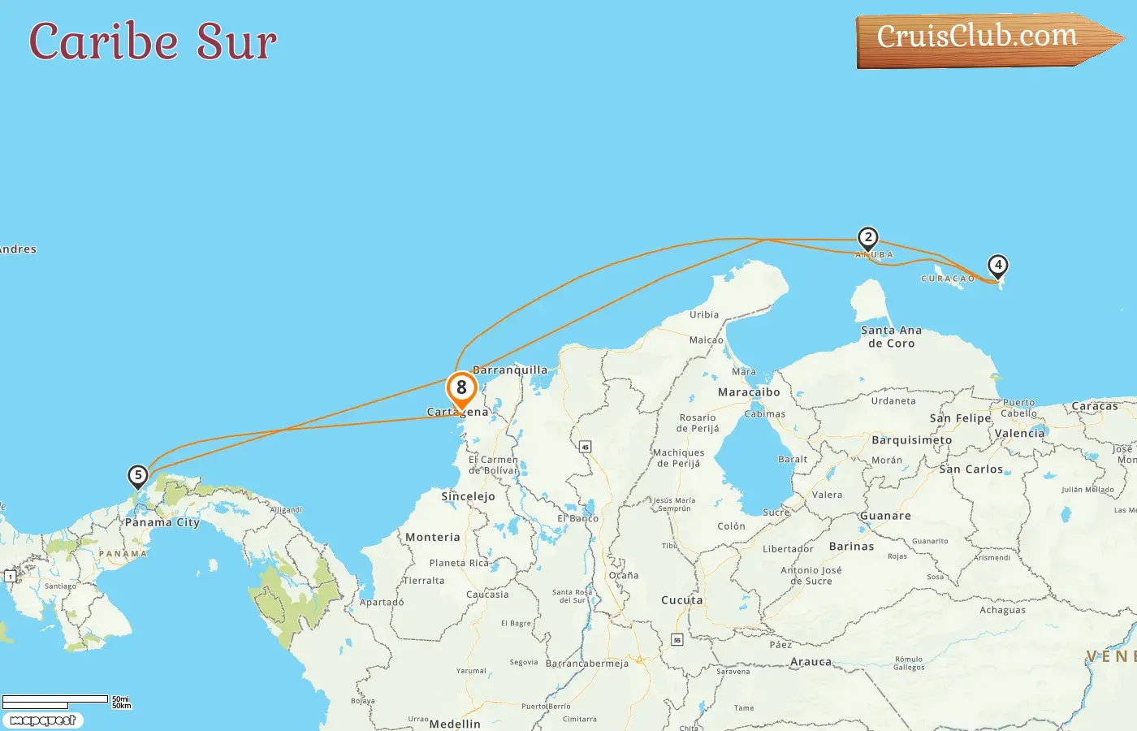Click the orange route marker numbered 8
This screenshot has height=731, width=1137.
coord(461,388)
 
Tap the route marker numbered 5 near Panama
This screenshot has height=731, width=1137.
coord(138,475)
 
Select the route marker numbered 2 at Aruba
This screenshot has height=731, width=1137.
coord(868,237)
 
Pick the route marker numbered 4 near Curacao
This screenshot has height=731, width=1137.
coord(997,265)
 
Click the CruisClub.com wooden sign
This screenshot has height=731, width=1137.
coord(983,39)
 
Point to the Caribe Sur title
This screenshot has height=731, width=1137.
coord(153,41)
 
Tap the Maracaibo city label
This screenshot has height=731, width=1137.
coord(749,392)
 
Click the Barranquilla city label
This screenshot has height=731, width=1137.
coord(510,370)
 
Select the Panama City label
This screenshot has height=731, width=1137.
coord(162,522)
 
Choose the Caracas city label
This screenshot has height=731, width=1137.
coord(1095,406)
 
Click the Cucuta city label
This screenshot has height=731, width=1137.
coord(682,600)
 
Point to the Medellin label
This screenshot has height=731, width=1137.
coord(455,724)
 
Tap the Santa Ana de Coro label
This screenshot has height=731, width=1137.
coord(892,337)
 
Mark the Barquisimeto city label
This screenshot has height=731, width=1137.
coord(911,440)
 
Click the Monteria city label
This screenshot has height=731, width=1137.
coord(433,538)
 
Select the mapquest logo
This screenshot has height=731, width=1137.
coord(43,720)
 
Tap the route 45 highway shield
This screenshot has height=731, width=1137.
coord(585,447)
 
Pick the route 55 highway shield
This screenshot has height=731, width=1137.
coord(677,640)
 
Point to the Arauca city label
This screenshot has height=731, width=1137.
coord(811,662)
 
